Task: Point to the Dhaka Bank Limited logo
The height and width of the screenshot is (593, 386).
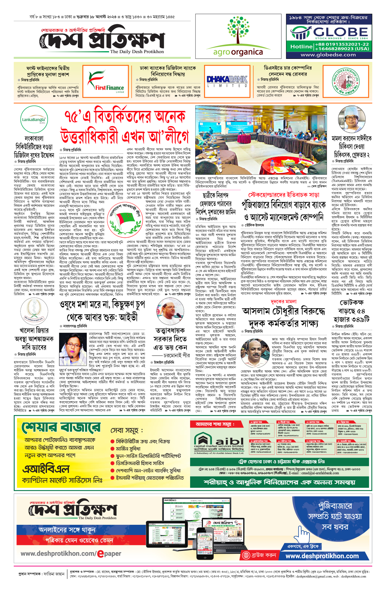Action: (x=227, y=80)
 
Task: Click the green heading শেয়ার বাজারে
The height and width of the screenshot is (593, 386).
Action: (x=61, y=428)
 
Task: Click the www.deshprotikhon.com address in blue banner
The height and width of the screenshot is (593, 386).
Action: (x=322, y=556)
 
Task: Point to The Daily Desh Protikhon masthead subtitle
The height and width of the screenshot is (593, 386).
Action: (x=137, y=51)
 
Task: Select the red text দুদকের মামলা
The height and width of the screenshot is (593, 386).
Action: (x=283, y=301)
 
